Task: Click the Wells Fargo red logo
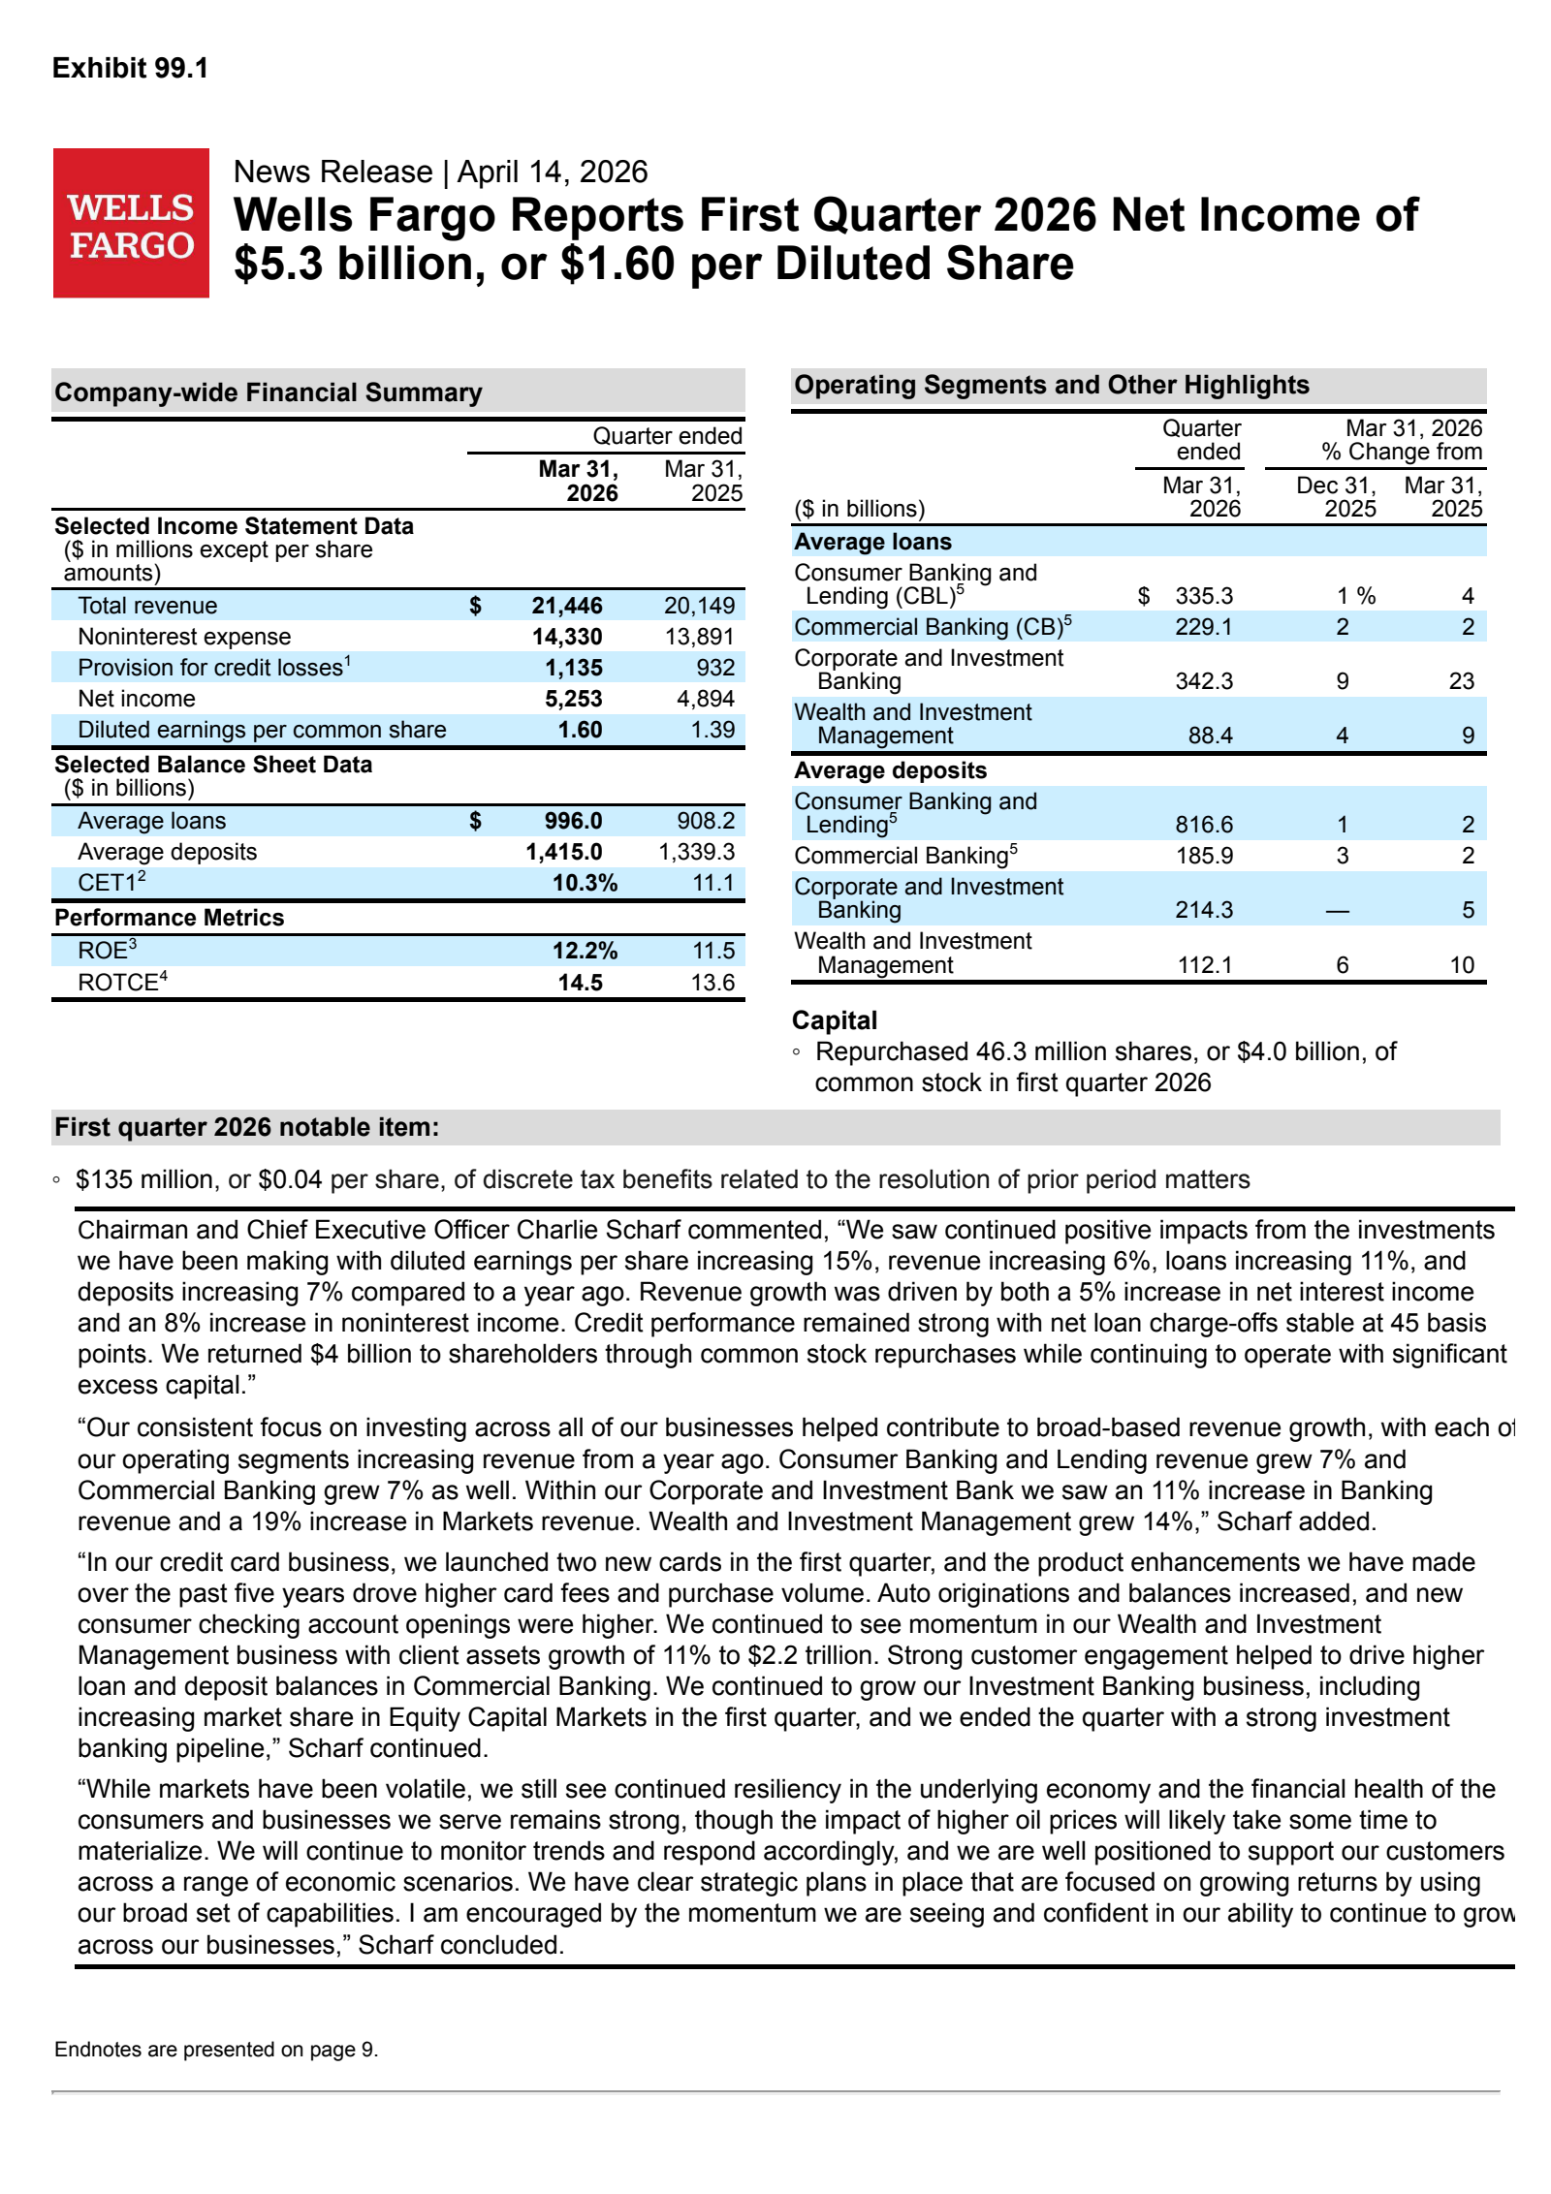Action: (131, 223)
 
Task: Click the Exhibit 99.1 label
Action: (130, 68)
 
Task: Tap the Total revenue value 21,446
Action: (566, 606)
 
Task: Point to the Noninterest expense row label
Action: (184, 637)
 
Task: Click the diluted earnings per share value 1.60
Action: (580, 730)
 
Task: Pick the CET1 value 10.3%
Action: (584, 883)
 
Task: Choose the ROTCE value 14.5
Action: (580, 983)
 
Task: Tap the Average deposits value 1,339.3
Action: (696, 852)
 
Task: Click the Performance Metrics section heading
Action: (170, 918)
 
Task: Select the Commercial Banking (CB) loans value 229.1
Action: (1203, 627)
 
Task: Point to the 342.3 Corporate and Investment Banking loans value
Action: (1203, 681)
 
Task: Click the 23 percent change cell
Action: (1461, 681)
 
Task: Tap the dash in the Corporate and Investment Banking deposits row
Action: (1338, 911)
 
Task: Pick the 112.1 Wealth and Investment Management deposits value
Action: (1203, 965)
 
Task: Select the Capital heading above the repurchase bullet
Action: (835, 1020)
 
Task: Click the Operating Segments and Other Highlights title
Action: (1052, 385)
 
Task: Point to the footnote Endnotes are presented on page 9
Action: (216, 2049)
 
